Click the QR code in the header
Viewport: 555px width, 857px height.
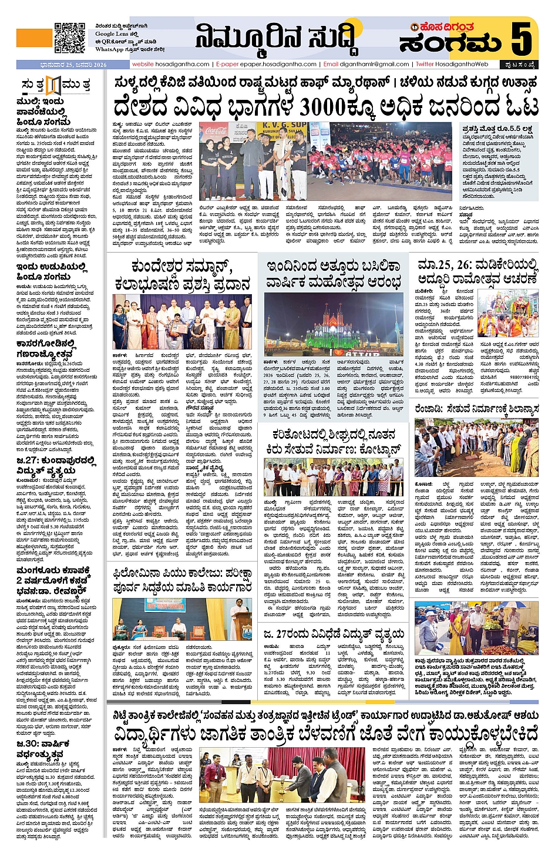coord(69,38)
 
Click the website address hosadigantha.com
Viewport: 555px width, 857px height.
coord(170,64)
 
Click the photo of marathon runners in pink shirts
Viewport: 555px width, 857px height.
coord(382,160)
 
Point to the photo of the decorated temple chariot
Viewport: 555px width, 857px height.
coord(508,314)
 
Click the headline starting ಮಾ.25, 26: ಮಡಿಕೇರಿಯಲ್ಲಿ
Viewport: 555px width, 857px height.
coord(477,271)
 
